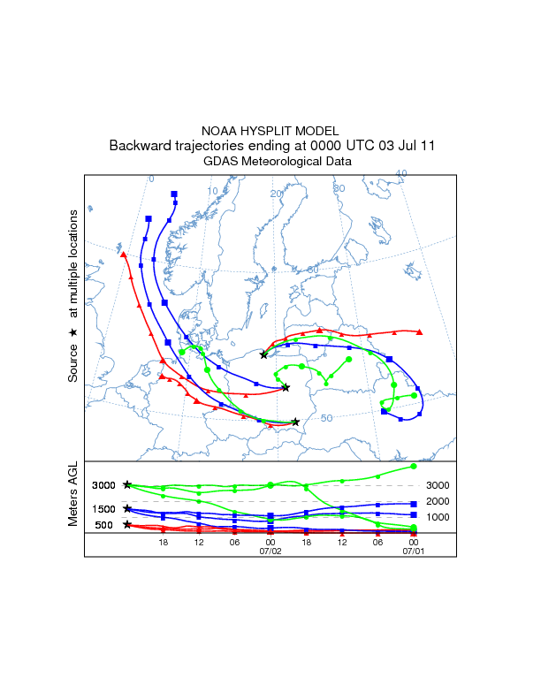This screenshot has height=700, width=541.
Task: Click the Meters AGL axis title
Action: coord(74,496)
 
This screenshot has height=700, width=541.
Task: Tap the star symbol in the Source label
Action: coord(73,331)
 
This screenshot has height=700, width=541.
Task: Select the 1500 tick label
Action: coord(104,508)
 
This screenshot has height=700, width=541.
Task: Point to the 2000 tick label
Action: coord(438,501)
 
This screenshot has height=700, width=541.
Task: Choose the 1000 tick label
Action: coord(438,517)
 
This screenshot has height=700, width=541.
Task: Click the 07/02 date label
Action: coord(270,551)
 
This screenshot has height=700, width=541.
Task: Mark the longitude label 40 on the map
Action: coord(400,174)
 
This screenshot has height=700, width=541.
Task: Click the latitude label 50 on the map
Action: coord(326,418)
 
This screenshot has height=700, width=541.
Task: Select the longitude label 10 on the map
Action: coord(212,192)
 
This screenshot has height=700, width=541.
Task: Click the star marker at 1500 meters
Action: coord(128,508)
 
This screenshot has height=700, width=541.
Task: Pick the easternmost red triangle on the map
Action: coord(419,332)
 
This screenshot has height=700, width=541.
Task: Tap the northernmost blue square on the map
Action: coord(174,194)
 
